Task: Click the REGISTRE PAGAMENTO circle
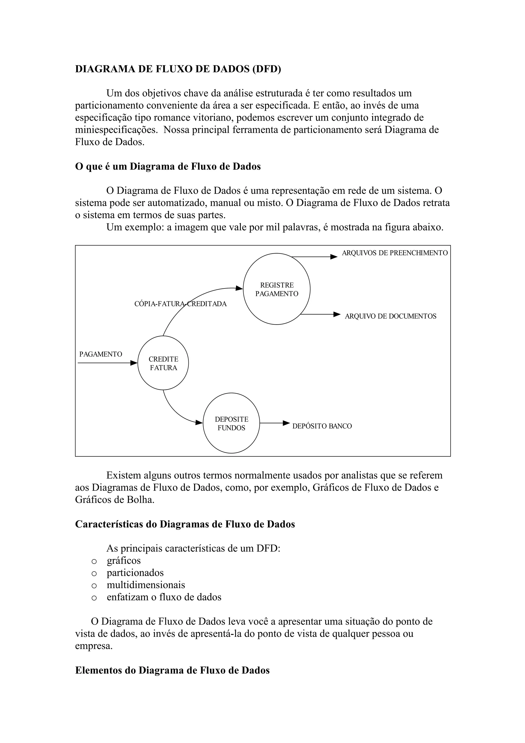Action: (277, 289)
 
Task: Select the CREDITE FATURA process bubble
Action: (163, 363)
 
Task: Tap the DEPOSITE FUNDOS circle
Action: (231, 423)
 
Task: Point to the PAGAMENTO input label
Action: (100, 354)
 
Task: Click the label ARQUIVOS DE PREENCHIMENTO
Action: (395, 253)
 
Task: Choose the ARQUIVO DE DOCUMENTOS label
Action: (390, 316)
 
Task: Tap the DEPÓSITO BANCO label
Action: (322, 426)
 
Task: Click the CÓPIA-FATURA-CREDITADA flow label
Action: (180, 304)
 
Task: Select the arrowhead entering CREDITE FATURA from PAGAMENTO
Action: (134, 363)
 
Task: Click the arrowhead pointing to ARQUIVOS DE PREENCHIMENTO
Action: (334, 257)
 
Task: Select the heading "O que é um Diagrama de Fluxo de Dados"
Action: (168, 166)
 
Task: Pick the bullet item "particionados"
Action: (135, 573)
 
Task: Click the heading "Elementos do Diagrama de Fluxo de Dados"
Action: (172, 670)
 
